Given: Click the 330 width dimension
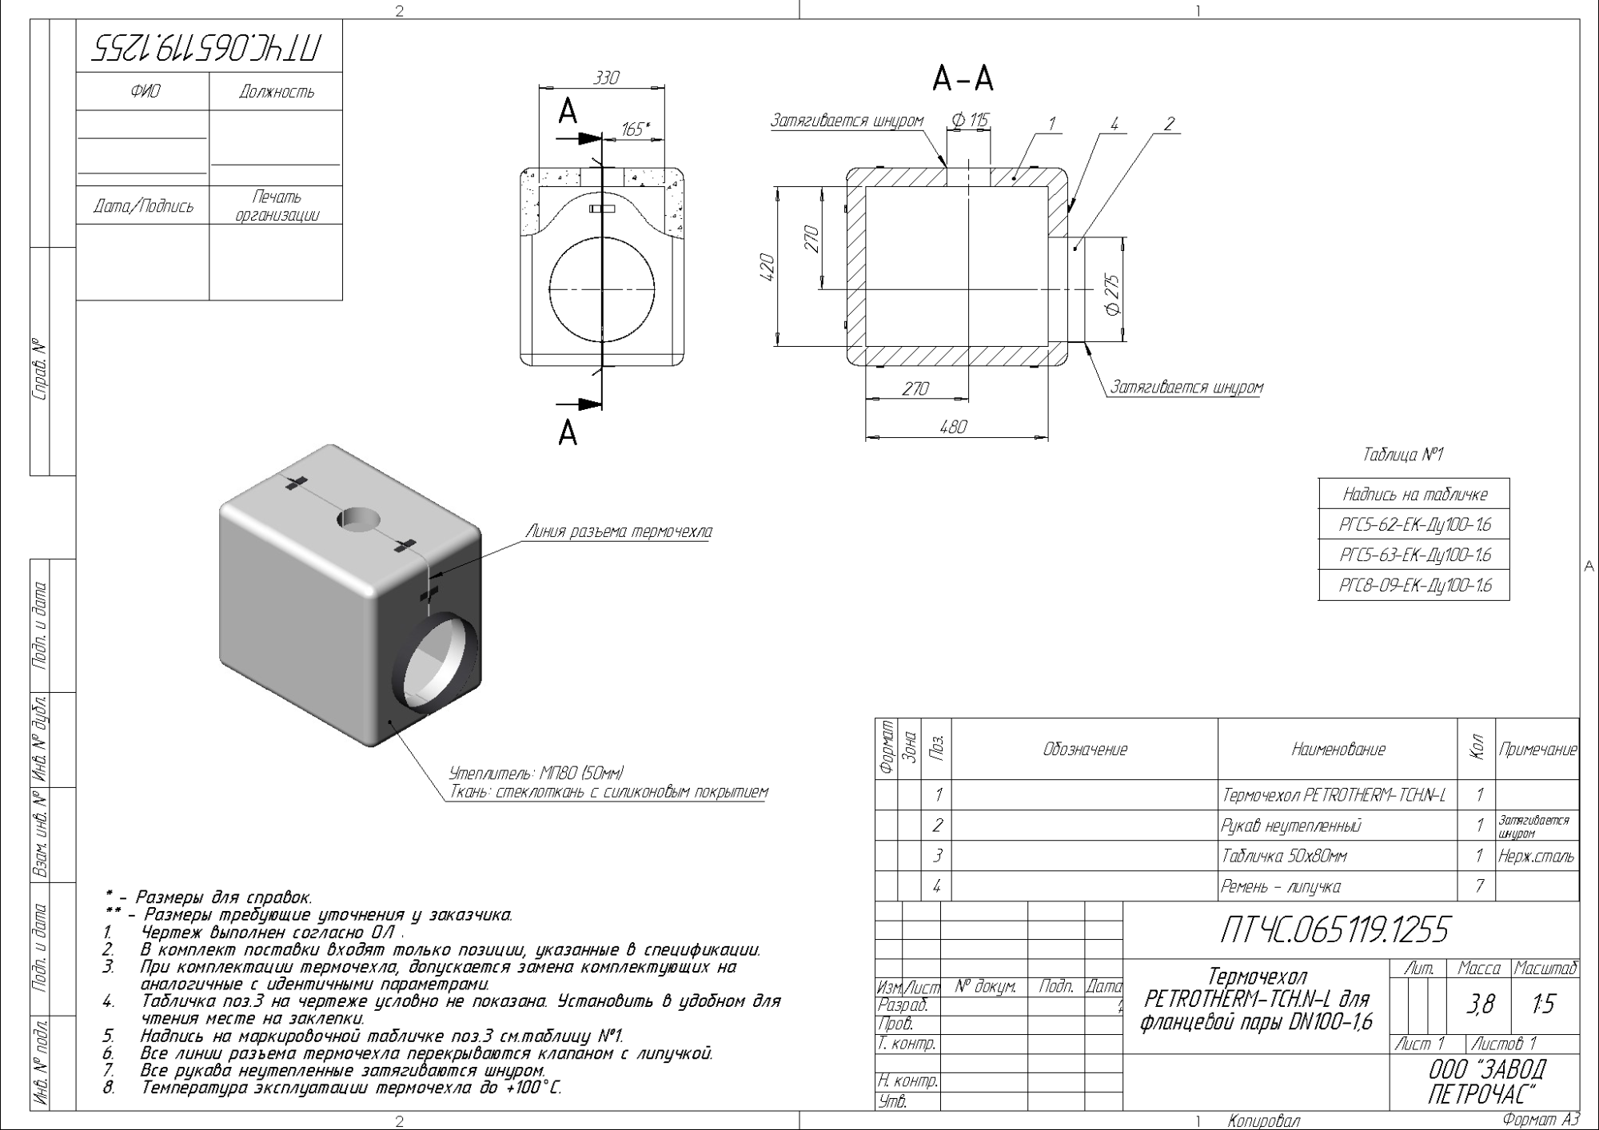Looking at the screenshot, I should [x=606, y=78].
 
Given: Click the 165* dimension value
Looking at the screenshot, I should [x=635, y=129].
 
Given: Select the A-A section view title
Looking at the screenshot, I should [x=963, y=78].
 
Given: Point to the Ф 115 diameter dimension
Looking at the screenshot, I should [x=970, y=121].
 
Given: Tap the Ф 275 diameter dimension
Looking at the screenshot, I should [x=1112, y=295].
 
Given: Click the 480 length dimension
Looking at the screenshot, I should [x=953, y=427].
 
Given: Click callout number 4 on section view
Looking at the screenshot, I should [x=1114, y=123].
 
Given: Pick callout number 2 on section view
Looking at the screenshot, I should [x=1169, y=123].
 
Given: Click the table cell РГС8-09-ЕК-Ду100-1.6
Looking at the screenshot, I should [x=1414, y=585].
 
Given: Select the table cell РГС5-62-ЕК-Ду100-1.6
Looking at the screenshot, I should [x=1414, y=525].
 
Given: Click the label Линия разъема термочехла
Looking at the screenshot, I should [x=618, y=531].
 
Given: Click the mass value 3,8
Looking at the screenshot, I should [x=1481, y=1005].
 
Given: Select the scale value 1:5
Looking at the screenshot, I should [x=1544, y=1005].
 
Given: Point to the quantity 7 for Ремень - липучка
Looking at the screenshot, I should [x=1479, y=885].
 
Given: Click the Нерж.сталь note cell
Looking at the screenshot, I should [x=1537, y=856].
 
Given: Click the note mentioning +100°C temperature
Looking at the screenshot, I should [x=351, y=1088].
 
